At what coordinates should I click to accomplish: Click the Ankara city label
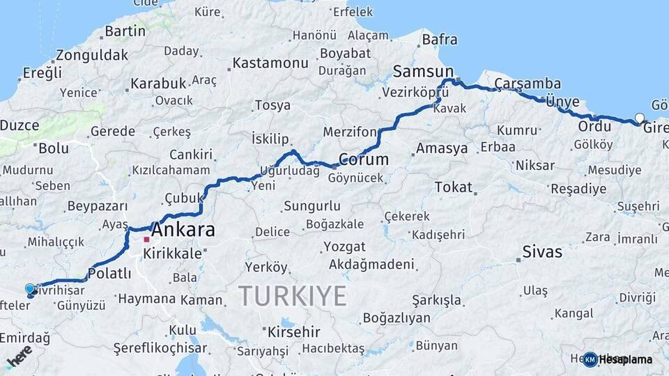(x=183, y=230)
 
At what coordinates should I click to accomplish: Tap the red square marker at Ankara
(x=146, y=240)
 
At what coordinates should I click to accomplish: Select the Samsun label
(x=423, y=71)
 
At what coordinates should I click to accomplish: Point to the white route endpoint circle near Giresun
(x=640, y=118)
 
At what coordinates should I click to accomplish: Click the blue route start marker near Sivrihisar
(x=30, y=288)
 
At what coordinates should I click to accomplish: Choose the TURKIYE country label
(x=293, y=297)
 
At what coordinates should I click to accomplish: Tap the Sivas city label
(x=542, y=252)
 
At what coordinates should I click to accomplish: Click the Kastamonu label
(x=270, y=63)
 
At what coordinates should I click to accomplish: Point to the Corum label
(x=363, y=159)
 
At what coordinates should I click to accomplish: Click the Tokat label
(x=453, y=187)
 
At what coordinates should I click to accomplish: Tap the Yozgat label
(x=344, y=246)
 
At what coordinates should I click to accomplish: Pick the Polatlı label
(x=109, y=274)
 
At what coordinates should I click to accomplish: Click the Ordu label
(x=594, y=127)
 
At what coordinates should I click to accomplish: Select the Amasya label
(x=442, y=148)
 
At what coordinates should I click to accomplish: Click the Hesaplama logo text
(x=626, y=359)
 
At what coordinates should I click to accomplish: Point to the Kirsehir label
(x=294, y=331)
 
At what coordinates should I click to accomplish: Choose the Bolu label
(x=54, y=148)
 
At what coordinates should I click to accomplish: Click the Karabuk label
(x=158, y=84)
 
